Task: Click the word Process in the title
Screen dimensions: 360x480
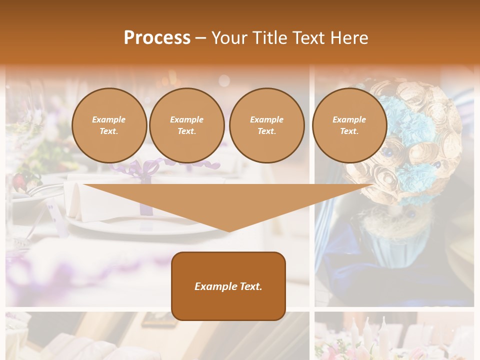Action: click(x=157, y=37)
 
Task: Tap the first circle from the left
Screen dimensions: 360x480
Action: click(x=109, y=125)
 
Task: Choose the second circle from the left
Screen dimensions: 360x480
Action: click(x=186, y=125)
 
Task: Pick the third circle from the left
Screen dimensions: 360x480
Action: click(x=266, y=125)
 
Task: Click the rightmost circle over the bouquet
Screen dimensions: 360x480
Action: click(x=349, y=125)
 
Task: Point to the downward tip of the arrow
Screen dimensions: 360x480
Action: click(x=229, y=231)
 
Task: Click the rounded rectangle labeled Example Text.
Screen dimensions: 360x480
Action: click(x=228, y=286)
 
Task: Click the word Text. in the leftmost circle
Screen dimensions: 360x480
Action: click(x=109, y=131)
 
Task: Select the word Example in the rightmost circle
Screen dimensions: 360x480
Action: click(x=349, y=119)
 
